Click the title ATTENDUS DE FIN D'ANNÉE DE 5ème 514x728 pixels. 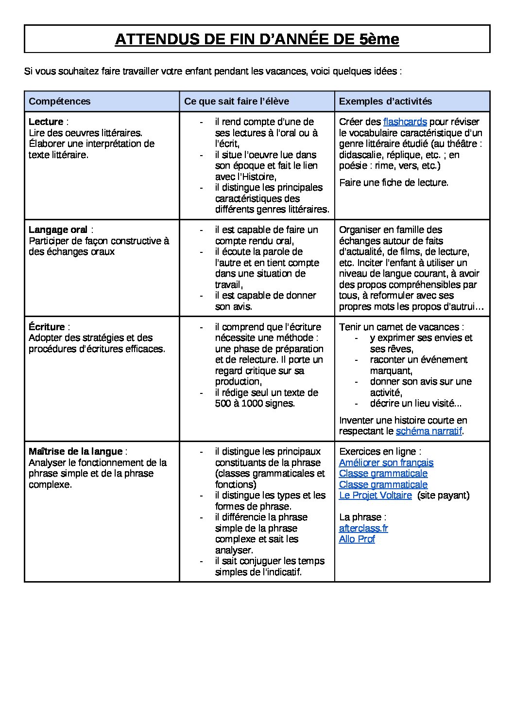coord(257,39)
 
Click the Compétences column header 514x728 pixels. coord(60,101)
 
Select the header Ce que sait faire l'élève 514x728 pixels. coord(237,101)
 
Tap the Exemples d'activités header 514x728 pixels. coord(385,101)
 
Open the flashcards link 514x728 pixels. coord(405,122)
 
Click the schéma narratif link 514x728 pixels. coord(428,431)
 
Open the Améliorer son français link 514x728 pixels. coord(386,463)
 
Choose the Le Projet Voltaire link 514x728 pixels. coord(375,496)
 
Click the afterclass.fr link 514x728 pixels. coord(363,528)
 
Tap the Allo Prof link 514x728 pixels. coord(357,539)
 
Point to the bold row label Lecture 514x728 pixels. coord(46,122)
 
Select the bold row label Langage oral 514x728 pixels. coord(58,230)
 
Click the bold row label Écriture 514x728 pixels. coord(47,327)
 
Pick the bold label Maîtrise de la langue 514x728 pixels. coord(75,452)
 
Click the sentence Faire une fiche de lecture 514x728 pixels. coord(394,183)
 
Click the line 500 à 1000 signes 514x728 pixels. coord(255,404)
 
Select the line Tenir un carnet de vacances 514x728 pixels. coord(401,327)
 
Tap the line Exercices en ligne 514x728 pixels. coord(380,452)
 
